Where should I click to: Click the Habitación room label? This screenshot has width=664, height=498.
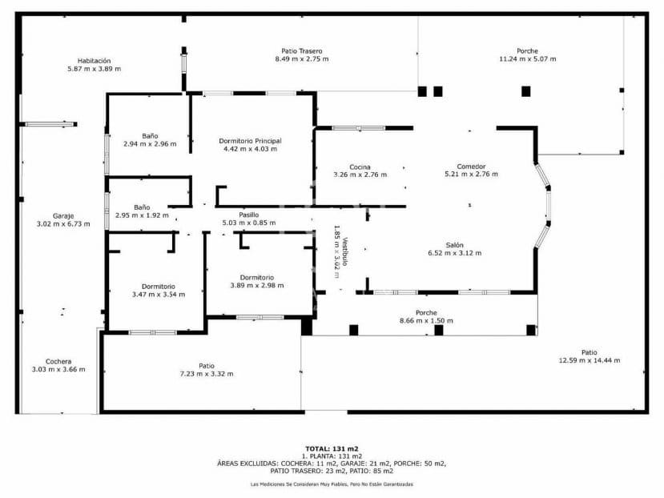[x=94, y=61]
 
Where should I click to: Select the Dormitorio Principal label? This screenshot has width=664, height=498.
[x=250, y=140]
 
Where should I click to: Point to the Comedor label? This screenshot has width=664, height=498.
[x=471, y=167]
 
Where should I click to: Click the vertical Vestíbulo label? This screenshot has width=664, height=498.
[x=345, y=252]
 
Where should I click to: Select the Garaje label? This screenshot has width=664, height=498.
[x=63, y=215]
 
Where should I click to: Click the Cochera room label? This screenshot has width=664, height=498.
[x=58, y=361]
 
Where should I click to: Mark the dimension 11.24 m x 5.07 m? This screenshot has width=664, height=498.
[x=527, y=58]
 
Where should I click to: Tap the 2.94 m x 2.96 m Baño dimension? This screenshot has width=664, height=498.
[x=149, y=144]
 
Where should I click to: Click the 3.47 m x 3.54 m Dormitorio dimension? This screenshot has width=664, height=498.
[x=158, y=294]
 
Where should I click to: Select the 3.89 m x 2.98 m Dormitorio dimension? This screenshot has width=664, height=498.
[x=256, y=286]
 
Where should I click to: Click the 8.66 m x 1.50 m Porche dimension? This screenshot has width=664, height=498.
[x=425, y=320]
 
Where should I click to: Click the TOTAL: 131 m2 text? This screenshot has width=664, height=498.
[x=331, y=448]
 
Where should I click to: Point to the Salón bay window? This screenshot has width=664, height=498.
[x=544, y=203]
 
